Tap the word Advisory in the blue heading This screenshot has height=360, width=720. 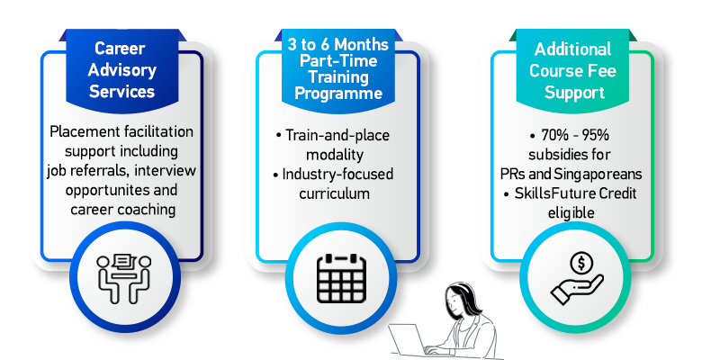[x=123, y=70]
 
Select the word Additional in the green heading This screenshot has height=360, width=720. [x=572, y=49]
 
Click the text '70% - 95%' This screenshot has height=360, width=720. [x=571, y=135]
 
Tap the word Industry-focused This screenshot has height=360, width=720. [x=339, y=174]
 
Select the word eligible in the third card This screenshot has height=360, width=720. [x=571, y=213]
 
